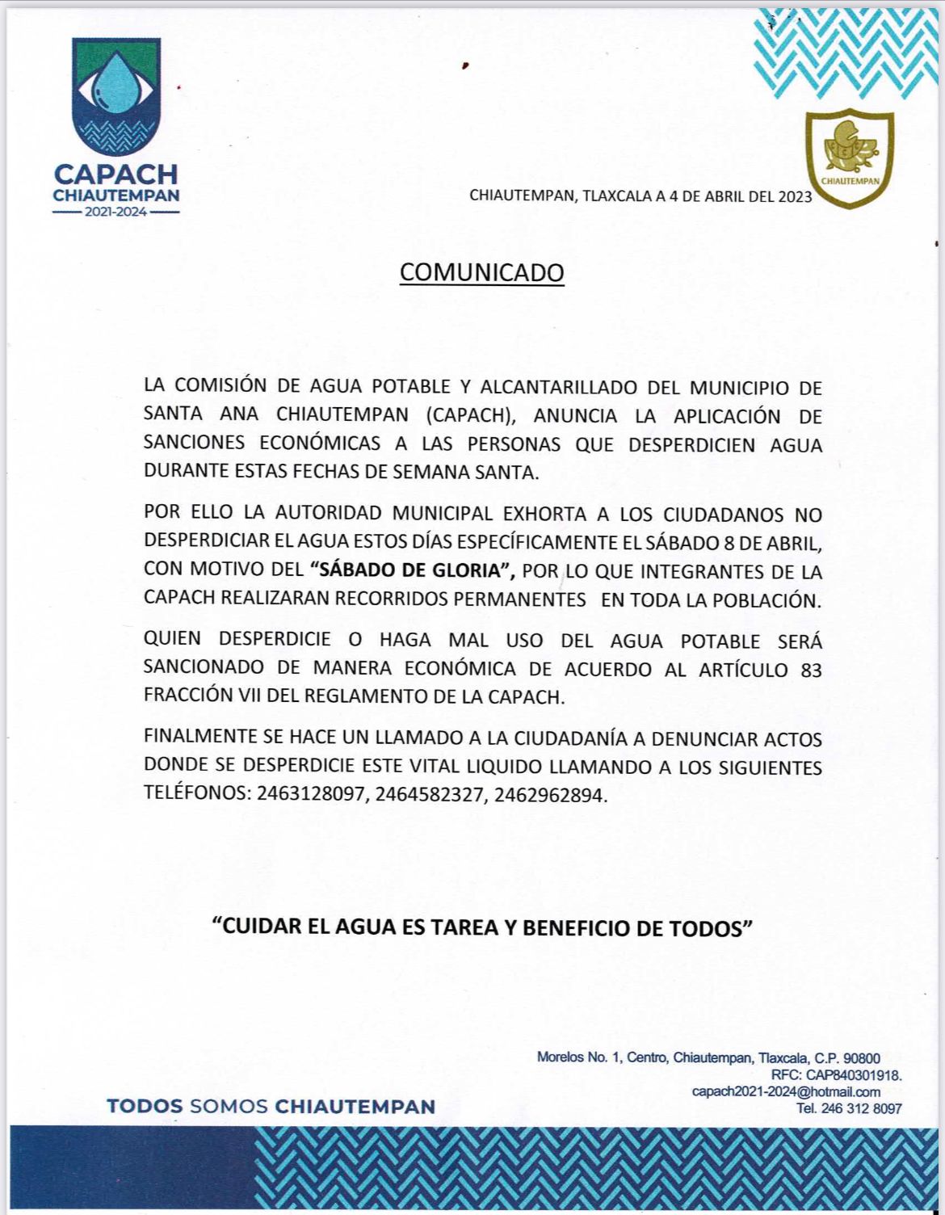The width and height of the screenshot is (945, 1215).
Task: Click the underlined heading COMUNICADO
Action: (482, 272)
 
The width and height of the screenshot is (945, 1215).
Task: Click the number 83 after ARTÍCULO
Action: (810, 669)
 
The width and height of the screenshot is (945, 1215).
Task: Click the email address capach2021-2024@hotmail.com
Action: (786, 1091)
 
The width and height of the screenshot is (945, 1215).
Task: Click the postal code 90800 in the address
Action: (862, 1058)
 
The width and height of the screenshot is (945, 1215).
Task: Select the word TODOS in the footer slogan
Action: (145, 1106)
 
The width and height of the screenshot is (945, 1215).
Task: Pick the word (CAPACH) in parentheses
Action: (469, 416)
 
